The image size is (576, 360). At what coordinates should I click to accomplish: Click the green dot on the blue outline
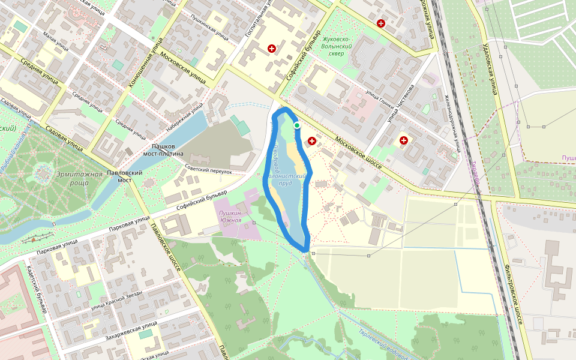click(x=296, y=125)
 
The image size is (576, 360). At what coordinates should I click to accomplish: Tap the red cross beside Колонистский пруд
click(x=312, y=141)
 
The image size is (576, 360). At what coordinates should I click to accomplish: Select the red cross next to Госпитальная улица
click(x=272, y=48)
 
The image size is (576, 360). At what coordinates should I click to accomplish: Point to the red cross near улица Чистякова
click(x=404, y=140)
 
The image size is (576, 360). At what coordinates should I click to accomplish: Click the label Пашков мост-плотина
click(x=163, y=150)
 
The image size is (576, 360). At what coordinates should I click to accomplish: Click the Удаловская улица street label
click(x=491, y=69)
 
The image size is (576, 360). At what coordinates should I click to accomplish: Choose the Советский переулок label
click(x=208, y=170)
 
